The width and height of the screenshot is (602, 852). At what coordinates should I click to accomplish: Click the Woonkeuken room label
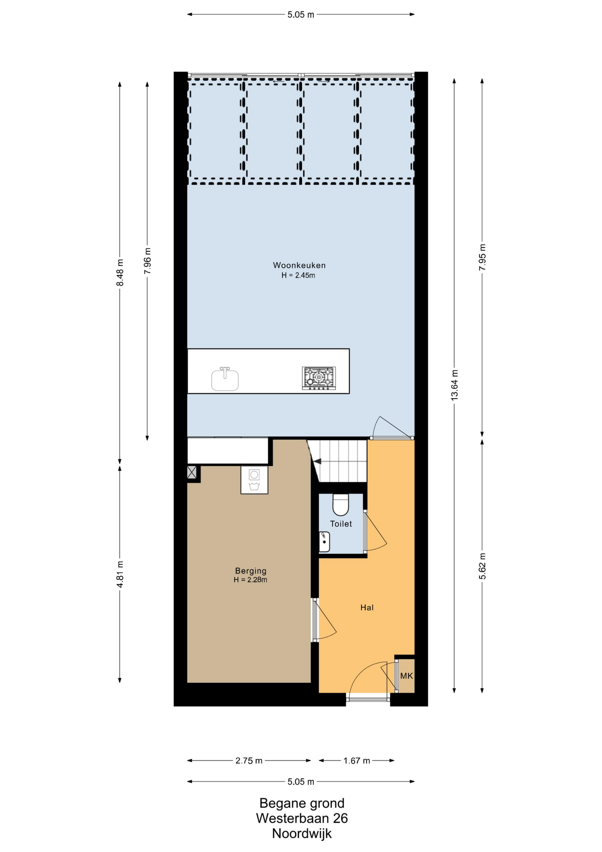click(x=299, y=265)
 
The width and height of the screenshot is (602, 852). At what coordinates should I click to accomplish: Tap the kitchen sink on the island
click(x=225, y=379)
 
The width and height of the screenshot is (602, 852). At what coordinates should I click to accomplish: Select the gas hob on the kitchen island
click(x=319, y=378)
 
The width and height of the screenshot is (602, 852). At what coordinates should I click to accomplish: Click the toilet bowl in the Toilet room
click(x=340, y=505)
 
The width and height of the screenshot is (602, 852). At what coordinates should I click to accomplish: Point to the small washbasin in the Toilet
click(x=324, y=542)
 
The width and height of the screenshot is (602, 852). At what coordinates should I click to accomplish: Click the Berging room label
click(x=250, y=571)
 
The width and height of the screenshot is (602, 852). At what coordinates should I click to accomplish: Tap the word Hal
click(x=367, y=607)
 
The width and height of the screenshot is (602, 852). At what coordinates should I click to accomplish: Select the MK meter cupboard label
click(x=406, y=676)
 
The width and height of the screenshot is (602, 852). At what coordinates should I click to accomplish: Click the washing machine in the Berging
click(x=254, y=480)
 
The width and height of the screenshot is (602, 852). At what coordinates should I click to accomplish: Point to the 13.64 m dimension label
click(x=454, y=385)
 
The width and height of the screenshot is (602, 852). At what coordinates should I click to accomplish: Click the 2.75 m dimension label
click(x=249, y=761)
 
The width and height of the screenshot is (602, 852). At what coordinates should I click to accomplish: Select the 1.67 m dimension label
click(x=356, y=761)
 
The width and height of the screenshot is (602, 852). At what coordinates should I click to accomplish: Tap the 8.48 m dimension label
click(x=120, y=272)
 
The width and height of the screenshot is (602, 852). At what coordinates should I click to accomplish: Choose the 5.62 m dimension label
click(x=482, y=566)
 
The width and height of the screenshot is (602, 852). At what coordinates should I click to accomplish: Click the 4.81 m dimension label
click(x=120, y=574)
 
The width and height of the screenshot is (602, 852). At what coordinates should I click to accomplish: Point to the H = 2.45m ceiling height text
click(x=298, y=276)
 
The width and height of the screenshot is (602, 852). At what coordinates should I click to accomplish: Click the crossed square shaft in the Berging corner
click(x=192, y=472)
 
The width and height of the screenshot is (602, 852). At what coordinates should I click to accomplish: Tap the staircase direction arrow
click(x=317, y=461)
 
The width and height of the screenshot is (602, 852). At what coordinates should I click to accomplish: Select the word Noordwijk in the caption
click(x=302, y=833)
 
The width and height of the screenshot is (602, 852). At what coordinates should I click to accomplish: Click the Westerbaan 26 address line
click(x=302, y=818)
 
